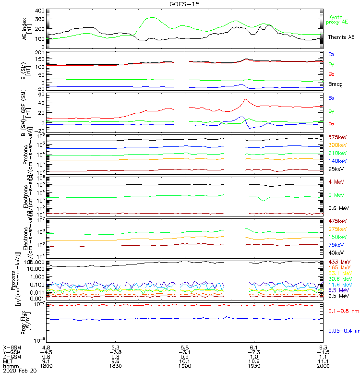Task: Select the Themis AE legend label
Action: (341, 37)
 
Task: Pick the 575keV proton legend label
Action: (337, 138)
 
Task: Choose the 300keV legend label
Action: (337, 145)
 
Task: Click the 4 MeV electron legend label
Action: (336, 181)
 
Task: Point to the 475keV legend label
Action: (337, 221)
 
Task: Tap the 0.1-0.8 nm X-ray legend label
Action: (342, 312)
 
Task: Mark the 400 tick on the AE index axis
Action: (40, 11)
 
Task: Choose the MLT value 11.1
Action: (323, 361)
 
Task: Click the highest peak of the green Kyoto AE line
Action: (151, 18)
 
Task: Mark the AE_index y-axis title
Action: (28, 28)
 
